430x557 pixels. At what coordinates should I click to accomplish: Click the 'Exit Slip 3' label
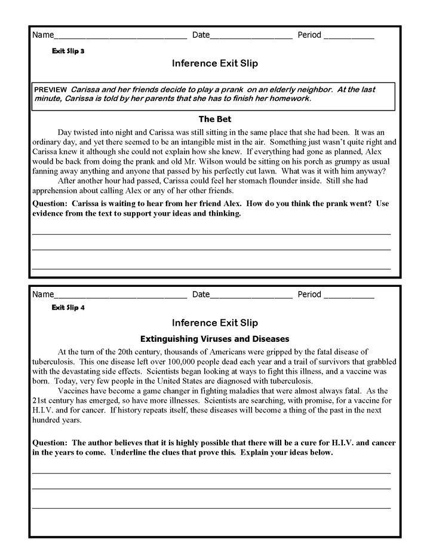tap(68, 51)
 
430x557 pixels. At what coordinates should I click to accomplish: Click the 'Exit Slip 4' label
tap(68, 308)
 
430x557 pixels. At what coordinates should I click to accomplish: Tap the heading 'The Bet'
tap(215, 119)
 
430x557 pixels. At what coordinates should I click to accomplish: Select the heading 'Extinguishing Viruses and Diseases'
tap(214, 338)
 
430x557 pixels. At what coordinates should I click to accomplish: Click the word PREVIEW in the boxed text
tap(51, 90)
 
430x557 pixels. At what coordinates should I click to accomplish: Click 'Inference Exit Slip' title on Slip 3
tap(215, 63)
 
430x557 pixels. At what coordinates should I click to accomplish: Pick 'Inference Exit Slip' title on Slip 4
tap(215, 323)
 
